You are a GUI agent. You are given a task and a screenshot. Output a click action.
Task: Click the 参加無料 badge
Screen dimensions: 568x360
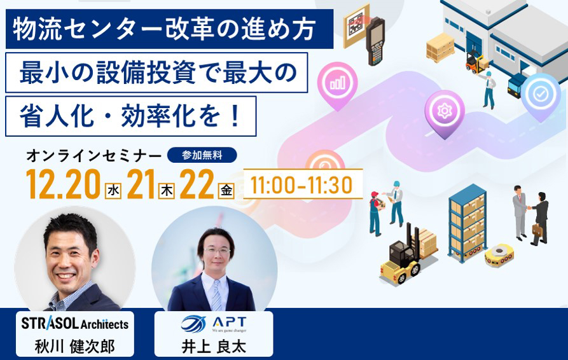[x=202, y=155]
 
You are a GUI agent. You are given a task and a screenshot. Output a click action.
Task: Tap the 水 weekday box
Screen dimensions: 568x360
[x=113, y=191]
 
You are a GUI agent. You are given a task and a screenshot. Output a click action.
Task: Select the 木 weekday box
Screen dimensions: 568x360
[x=167, y=191]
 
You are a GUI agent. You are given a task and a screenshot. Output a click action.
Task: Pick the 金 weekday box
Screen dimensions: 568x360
[x=226, y=191]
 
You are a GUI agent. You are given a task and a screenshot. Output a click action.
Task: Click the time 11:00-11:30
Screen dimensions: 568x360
[x=301, y=184]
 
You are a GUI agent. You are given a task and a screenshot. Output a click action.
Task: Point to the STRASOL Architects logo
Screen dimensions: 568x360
[x=74, y=323]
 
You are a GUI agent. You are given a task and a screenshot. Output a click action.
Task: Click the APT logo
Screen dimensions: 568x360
[x=214, y=324]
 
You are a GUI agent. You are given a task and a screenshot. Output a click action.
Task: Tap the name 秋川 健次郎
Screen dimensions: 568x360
[x=74, y=347]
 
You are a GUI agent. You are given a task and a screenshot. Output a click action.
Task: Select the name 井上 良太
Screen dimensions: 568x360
[x=214, y=347]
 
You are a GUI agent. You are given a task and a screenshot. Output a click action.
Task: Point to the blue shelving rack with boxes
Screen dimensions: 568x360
[x=468, y=223]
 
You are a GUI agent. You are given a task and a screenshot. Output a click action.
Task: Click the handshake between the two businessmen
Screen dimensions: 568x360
[x=529, y=208]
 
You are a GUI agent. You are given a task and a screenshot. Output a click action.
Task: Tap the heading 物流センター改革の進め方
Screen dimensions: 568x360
[x=163, y=29]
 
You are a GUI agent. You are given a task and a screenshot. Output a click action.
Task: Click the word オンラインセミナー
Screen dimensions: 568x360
[x=94, y=156]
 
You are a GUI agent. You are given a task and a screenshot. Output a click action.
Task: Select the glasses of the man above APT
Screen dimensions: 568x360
[x=217, y=250]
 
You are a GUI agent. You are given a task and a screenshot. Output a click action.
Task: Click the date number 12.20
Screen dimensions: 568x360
[x=63, y=184]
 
